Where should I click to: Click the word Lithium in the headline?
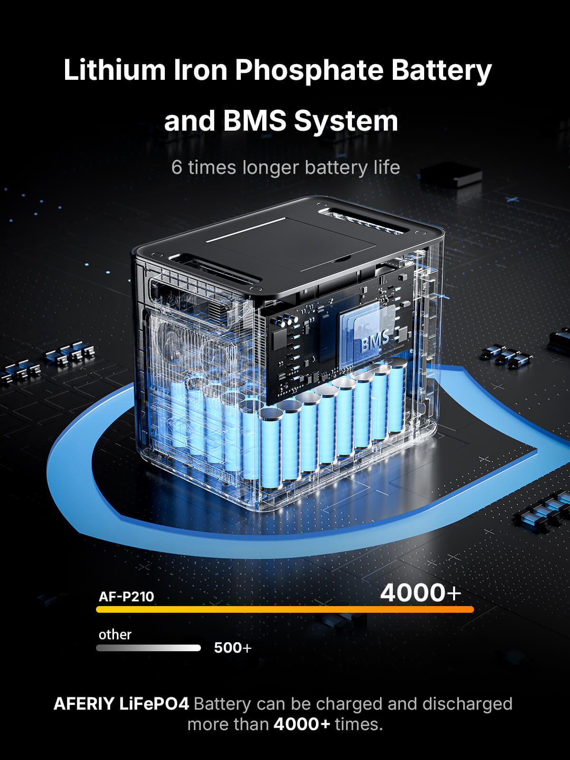pos(114,70)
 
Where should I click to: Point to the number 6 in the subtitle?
pos(177,167)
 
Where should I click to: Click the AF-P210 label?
pos(126,597)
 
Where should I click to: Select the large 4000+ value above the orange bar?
pos(421,593)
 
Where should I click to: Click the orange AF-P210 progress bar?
pos(285,609)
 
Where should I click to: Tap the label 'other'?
pos(115,635)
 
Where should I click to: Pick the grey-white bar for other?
pos(149,648)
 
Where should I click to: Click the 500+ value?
pos(233,648)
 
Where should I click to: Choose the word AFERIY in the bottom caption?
pos(84,704)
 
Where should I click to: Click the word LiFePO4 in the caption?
pos(154,704)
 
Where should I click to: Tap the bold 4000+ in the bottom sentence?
pos(302,724)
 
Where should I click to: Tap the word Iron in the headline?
pos(200,70)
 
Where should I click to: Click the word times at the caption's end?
pos(359,724)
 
